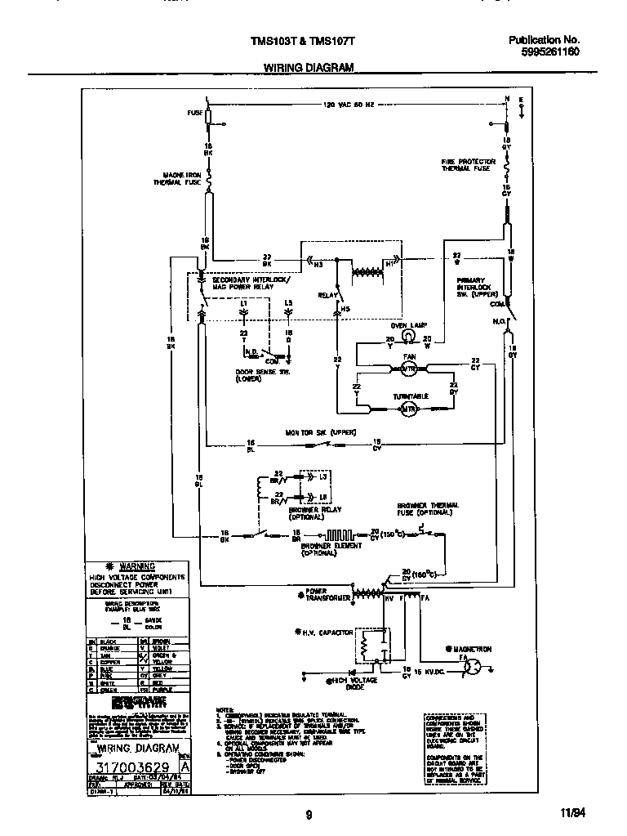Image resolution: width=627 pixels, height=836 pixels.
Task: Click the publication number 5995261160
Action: [544, 50]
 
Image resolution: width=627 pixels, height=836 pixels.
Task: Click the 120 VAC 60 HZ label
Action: [349, 105]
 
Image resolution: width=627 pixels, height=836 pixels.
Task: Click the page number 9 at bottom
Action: [309, 814]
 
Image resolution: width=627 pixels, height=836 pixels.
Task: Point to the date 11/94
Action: [572, 814]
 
